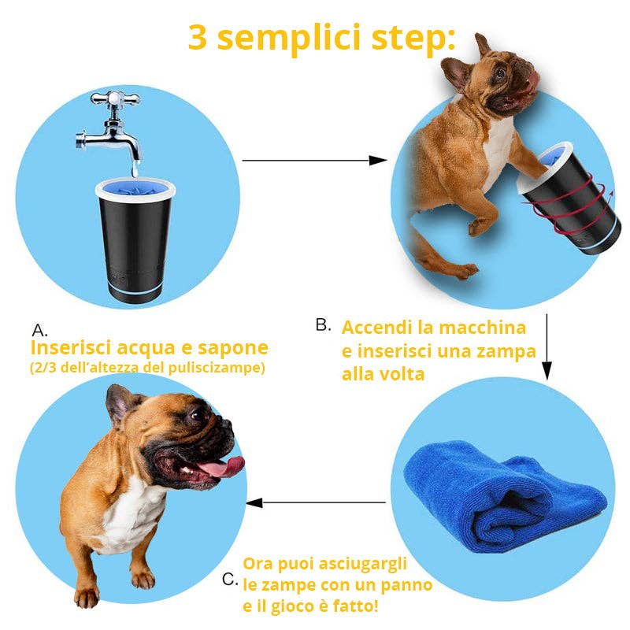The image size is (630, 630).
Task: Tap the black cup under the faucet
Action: tap(135, 240)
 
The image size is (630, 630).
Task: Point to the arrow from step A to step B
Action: tap(314, 161)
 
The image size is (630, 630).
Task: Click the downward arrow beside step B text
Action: tap(547, 346)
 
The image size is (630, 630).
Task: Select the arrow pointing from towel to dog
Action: tap(316, 502)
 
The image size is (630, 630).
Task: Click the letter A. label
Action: tap(39, 331)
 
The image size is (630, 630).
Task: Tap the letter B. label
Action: tap(324, 324)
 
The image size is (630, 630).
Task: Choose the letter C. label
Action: tap(230, 580)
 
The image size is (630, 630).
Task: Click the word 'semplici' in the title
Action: tap(288, 37)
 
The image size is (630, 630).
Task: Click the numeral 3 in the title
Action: tap(198, 37)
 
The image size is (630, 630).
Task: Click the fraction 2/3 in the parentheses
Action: tap(46, 368)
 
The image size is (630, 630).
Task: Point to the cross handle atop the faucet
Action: tap(115, 98)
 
